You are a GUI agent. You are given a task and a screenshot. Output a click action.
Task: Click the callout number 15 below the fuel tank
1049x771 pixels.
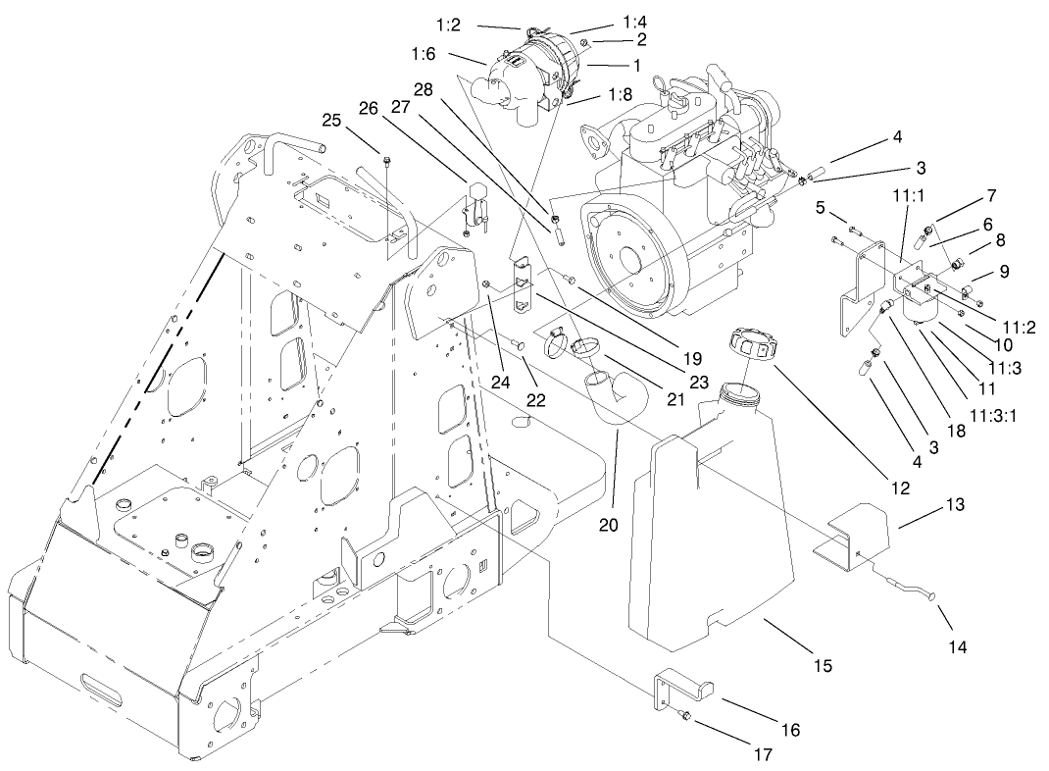pyautogui.click(x=823, y=666)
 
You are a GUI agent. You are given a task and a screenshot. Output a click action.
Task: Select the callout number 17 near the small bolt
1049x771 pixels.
pyautogui.click(x=760, y=755)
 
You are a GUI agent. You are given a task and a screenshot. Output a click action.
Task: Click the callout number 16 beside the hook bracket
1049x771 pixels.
pyautogui.click(x=790, y=730)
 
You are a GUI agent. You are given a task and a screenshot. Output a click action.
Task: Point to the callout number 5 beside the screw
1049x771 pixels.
pyautogui.click(x=821, y=207)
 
